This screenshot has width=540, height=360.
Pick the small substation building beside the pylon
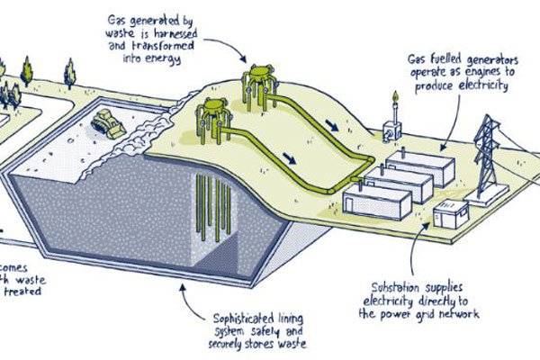[x=450, y=213]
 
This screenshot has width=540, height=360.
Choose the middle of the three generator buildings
[x=400, y=184]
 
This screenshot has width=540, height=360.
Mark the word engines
[x=472, y=76]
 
